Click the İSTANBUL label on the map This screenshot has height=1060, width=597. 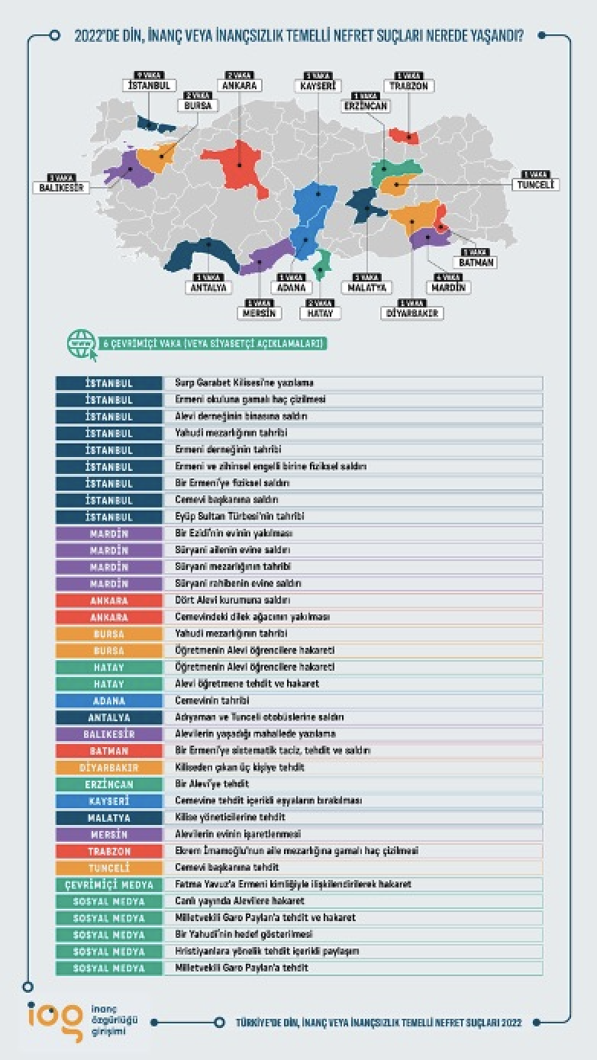tap(150, 85)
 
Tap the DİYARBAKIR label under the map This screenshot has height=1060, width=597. tap(414, 313)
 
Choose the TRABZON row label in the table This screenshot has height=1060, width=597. tap(108, 851)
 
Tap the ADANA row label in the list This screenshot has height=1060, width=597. tap(108, 701)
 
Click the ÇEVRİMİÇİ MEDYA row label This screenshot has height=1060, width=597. tap(108, 884)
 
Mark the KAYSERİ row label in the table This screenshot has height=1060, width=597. tap(108, 801)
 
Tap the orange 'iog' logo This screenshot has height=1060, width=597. tap(54, 1020)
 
